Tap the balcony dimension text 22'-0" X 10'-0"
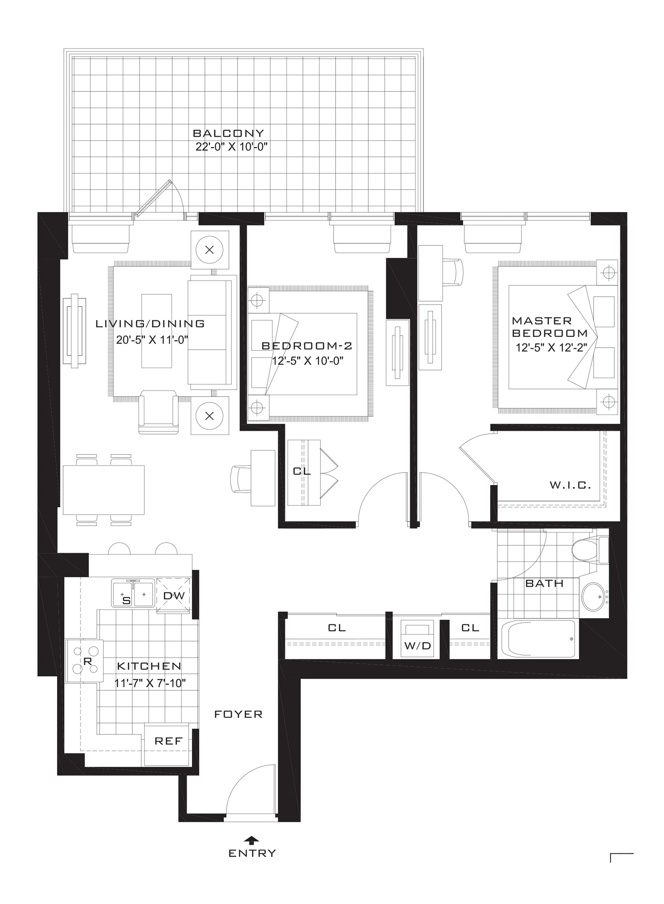pyautogui.click(x=231, y=147)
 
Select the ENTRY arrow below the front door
pyautogui.click(x=252, y=840)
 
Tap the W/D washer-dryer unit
pyautogui.click(x=417, y=640)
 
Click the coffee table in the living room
pyautogui.click(x=157, y=331)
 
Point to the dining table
pyautogui.click(x=104, y=490)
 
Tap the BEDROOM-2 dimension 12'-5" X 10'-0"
pyautogui.click(x=308, y=361)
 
